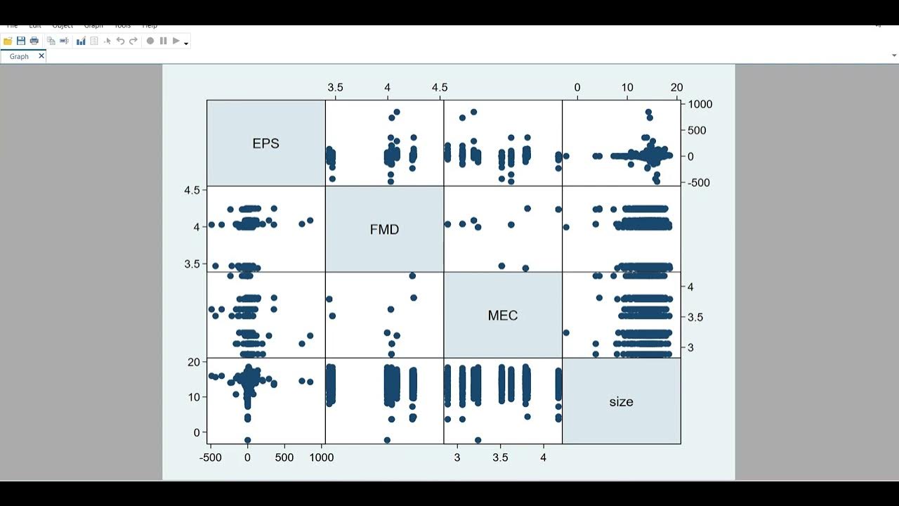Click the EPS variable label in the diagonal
click(265, 143)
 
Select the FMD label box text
click(384, 230)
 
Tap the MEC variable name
click(502, 316)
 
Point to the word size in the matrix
click(621, 402)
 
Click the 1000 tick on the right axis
click(700, 104)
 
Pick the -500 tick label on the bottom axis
click(210, 458)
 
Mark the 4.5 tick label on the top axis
click(439, 88)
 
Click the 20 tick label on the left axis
click(194, 362)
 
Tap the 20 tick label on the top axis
click(676, 88)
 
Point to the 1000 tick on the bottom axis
click(321, 458)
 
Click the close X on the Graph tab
click(41, 56)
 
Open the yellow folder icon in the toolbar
click(8, 41)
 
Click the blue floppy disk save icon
click(21, 41)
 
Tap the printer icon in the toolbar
click(34, 41)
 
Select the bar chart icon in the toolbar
click(81, 41)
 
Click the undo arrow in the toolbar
click(120, 41)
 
